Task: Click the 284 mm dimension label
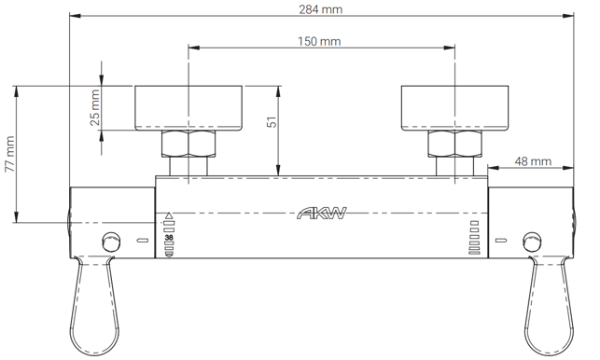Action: click(321, 9)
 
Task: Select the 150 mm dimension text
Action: click(319, 41)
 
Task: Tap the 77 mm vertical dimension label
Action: click(9, 154)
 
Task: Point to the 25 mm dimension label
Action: click(95, 107)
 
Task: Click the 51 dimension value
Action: click(272, 122)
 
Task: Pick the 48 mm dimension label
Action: click(533, 161)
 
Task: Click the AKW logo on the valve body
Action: click(322, 213)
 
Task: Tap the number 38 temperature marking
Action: click(169, 238)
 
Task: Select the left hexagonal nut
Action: click(188, 144)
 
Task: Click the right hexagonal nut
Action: click(454, 144)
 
